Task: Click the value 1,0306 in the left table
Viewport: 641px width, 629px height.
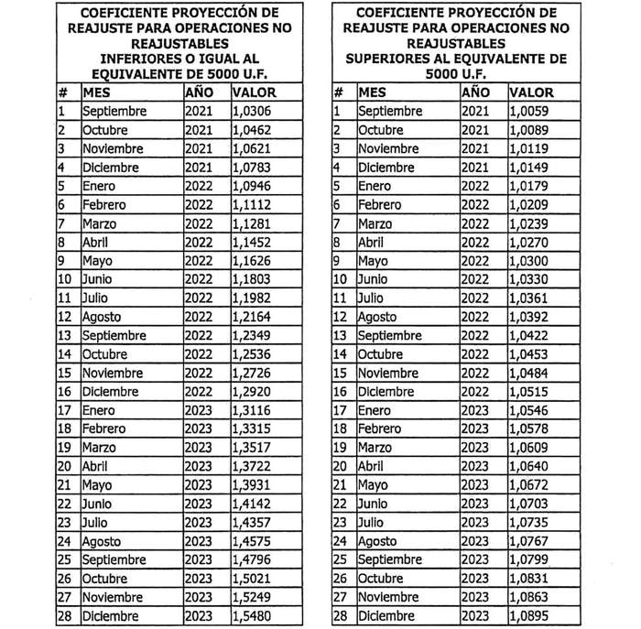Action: [251, 111]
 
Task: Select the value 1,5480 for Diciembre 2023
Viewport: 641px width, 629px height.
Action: [251, 616]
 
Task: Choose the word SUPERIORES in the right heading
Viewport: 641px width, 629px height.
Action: [386, 59]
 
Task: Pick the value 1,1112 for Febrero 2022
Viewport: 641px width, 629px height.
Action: [251, 204]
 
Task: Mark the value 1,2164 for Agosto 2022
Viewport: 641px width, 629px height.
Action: [251, 317]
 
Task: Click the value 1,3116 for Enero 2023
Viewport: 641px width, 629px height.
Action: [251, 410]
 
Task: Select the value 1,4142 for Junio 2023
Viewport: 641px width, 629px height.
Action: [251, 504]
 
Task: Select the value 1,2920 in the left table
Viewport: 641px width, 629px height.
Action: [251, 391]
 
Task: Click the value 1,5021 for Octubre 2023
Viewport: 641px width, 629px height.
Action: [251, 579]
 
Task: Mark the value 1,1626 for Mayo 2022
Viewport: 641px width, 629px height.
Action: [251, 261]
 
